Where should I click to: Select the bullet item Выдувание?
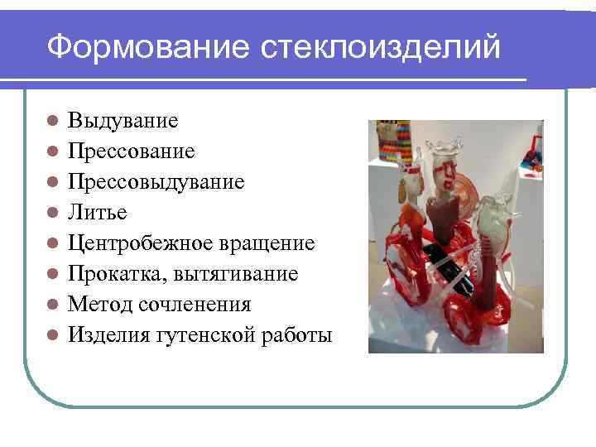point(123,121)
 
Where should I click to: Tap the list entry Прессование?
point(132,151)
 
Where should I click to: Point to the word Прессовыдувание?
point(156,182)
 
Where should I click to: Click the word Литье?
point(98,213)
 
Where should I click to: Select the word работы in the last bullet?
point(296,335)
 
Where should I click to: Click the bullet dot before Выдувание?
point(51,121)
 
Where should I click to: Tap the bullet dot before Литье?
point(51,213)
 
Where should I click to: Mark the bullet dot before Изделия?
point(51,335)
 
